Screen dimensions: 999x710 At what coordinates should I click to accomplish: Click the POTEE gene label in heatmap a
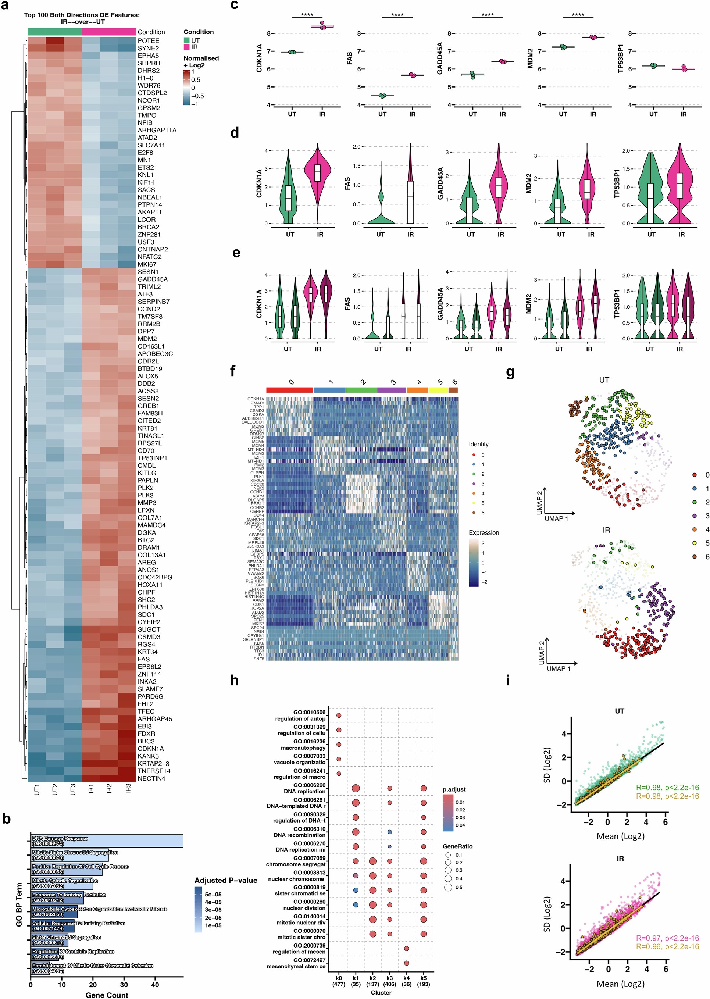pyautogui.click(x=148, y=41)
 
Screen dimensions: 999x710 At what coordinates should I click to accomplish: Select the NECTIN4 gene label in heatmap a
pyautogui.click(x=151, y=778)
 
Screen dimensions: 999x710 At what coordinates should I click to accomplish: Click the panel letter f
pyautogui.click(x=233, y=371)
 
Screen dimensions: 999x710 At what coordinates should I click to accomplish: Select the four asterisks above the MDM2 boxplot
pyautogui.click(x=578, y=15)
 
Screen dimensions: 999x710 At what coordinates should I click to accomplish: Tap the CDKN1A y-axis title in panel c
pyautogui.click(x=259, y=58)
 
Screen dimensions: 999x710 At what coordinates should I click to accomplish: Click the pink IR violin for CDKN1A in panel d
pyautogui.click(x=320, y=175)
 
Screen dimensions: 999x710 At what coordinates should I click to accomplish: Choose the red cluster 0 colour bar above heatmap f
pyautogui.click(x=289, y=389)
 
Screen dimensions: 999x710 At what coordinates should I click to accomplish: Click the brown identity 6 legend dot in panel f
pyautogui.click(x=474, y=513)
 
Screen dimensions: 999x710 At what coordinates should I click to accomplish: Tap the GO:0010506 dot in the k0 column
pyautogui.click(x=339, y=716)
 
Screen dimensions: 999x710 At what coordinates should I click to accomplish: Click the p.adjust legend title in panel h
pyautogui.click(x=454, y=789)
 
